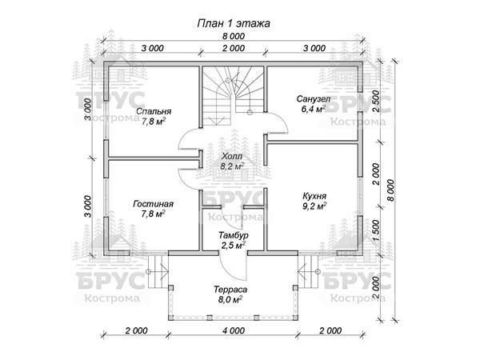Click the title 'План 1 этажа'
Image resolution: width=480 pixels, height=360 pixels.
click(x=234, y=23)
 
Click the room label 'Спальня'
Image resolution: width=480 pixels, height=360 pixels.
click(x=154, y=111)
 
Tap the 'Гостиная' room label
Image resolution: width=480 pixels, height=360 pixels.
click(x=153, y=204)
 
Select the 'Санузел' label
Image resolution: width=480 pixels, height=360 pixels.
click(x=314, y=99)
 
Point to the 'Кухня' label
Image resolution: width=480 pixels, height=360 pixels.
click(x=314, y=196)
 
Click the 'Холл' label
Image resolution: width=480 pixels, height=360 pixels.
click(x=232, y=157)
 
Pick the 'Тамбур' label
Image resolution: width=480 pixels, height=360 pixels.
click(x=234, y=235)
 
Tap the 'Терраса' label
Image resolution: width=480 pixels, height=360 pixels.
click(x=230, y=290)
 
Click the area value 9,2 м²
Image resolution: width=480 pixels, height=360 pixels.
click(x=314, y=206)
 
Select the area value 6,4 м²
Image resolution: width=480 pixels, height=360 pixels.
click(x=313, y=109)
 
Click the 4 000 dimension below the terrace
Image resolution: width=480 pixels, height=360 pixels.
click(x=234, y=330)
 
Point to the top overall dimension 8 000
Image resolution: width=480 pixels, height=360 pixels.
click(x=234, y=36)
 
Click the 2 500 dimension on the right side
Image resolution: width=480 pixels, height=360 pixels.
click(x=376, y=102)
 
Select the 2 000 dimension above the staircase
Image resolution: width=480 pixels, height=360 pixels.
click(x=234, y=48)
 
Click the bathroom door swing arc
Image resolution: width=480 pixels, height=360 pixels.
click(x=277, y=122)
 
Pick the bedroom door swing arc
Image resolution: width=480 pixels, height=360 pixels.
click(x=190, y=138)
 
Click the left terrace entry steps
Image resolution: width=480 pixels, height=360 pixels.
click(x=158, y=271)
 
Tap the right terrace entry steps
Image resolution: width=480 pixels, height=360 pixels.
click(x=308, y=271)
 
